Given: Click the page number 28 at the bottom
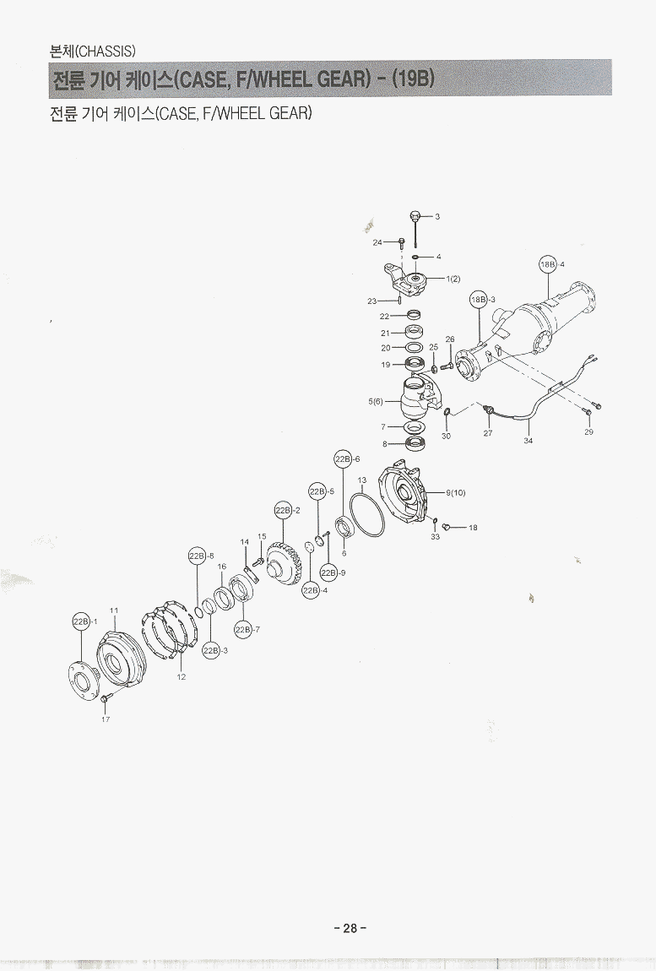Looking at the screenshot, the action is click(350, 928).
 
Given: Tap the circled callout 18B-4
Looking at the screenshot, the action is click(549, 264).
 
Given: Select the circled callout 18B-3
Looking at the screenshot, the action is click(480, 299).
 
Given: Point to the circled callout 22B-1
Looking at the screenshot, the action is click(81, 621).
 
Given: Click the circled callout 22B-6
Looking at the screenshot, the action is click(343, 458).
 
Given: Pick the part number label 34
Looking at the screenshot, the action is click(528, 441).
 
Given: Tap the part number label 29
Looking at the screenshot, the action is click(588, 431).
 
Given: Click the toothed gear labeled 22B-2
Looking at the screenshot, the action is click(285, 566).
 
